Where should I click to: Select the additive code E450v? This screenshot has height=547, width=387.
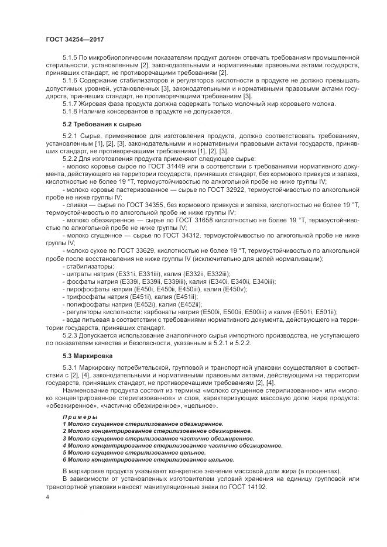[234, 288]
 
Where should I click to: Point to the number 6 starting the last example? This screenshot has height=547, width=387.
[64, 459]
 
